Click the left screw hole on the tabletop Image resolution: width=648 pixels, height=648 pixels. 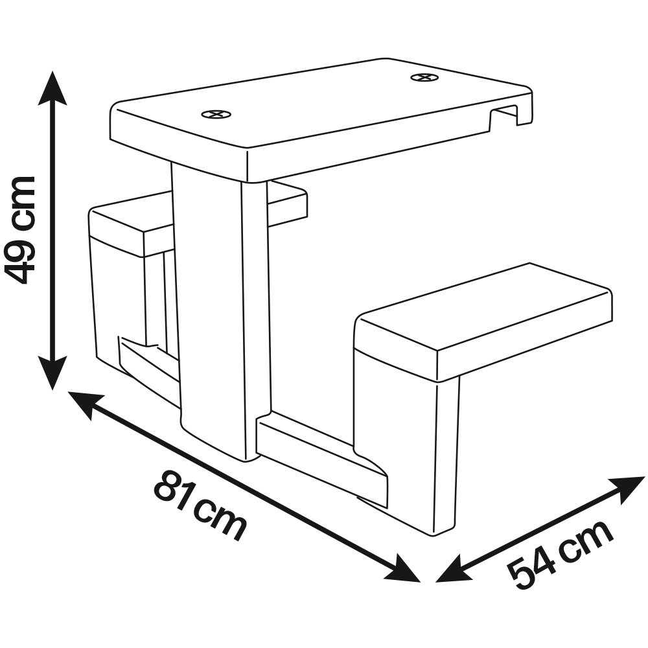216,115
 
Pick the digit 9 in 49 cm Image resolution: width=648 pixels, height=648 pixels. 21,259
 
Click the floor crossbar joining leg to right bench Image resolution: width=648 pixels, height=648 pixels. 318,454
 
